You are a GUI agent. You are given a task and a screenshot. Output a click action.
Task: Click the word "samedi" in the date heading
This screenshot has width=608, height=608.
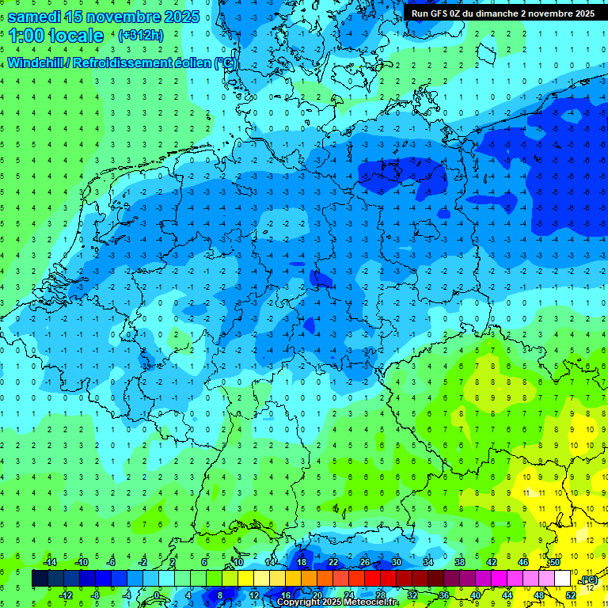33,17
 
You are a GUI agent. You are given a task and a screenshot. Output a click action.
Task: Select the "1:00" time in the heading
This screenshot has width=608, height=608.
27,36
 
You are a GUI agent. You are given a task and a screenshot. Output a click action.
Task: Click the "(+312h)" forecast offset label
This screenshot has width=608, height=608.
141,36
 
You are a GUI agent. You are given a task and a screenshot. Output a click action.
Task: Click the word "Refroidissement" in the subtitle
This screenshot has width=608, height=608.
122,63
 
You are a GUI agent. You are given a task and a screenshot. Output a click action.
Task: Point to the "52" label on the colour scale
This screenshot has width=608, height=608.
571,595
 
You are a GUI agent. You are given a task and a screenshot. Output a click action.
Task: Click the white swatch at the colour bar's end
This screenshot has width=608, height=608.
562,579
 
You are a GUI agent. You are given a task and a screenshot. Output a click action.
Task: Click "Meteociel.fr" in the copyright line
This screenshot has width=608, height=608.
369,602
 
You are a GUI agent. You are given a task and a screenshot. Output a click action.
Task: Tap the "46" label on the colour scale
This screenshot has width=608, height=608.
523,562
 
